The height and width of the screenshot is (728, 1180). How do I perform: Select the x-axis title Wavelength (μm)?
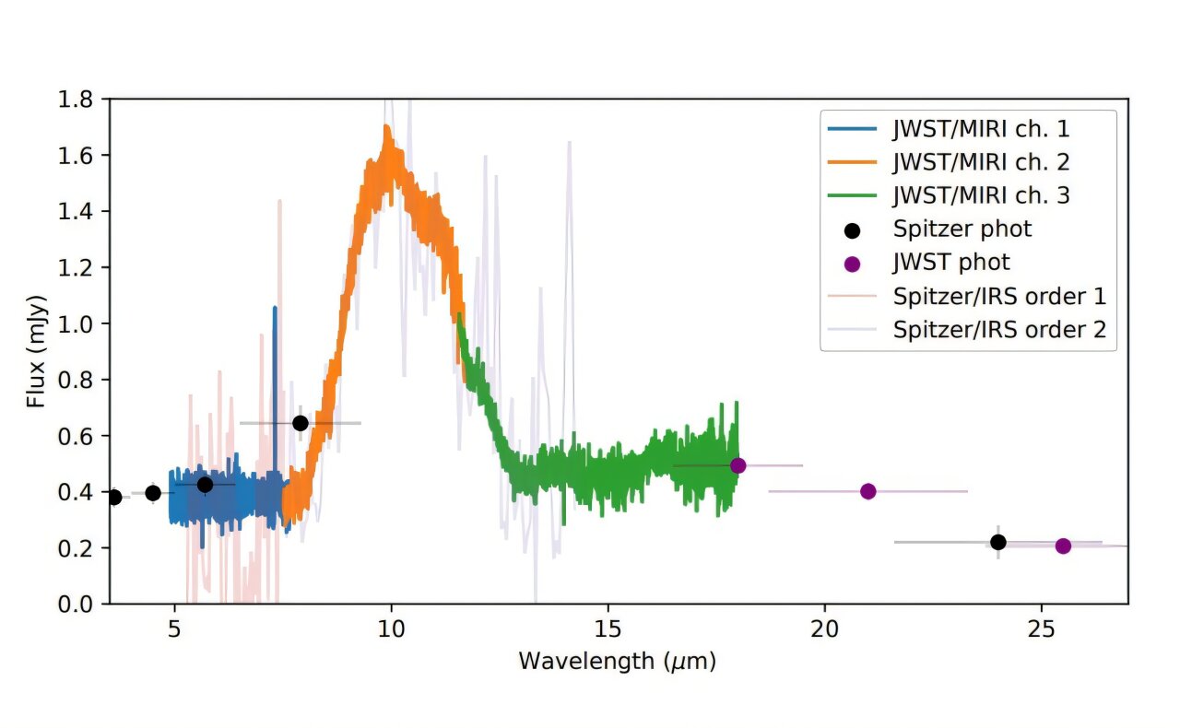[x=617, y=661]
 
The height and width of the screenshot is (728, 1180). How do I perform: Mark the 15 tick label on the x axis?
[x=608, y=630]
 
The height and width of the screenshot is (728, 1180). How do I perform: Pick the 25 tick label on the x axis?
[x=1041, y=630]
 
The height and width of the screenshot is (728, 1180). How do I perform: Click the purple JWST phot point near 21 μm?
[x=867, y=491]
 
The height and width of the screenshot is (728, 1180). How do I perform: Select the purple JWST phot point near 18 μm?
[x=737, y=465]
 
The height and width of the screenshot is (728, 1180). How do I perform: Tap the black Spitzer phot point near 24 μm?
[x=997, y=542]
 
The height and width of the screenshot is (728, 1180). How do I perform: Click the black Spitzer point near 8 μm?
[x=300, y=423]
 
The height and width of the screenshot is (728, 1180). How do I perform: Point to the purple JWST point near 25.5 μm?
[x=1063, y=546]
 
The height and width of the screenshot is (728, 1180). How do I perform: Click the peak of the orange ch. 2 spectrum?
[x=387, y=129]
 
